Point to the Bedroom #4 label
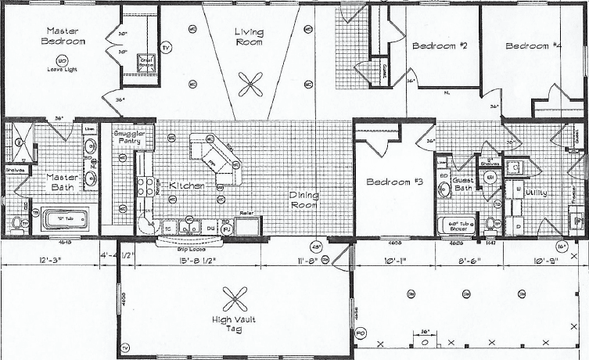pyautogui.click(x=533, y=46)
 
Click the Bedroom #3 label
pyautogui.click(x=395, y=182)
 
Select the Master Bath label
pyautogui.click(x=63, y=182)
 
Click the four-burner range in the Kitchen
pyautogui.click(x=145, y=186)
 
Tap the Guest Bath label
pyautogui.click(x=462, y=185)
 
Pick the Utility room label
pyautogui.click(x=535, y=193)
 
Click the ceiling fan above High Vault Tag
pyautogui.click(x=233, y=297)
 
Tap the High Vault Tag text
pyautogui.click(x=233, y=325)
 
